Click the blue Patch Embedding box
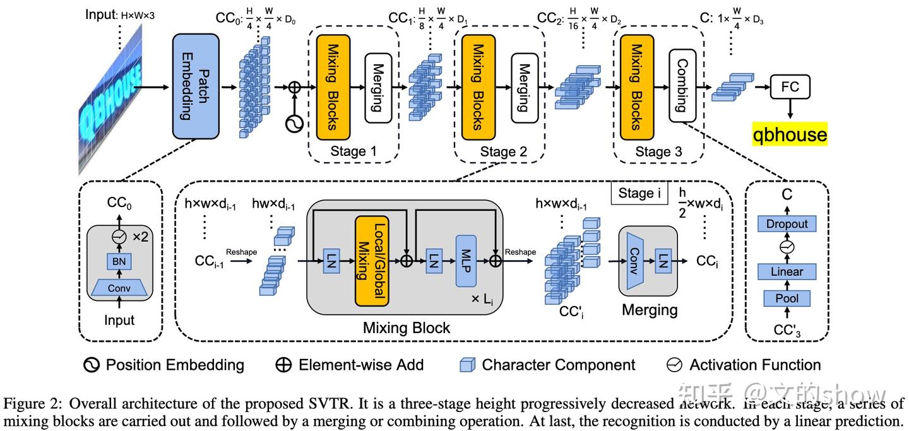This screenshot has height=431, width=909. point(195,86)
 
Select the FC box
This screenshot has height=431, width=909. point(790,86)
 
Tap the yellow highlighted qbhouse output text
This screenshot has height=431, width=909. point(789,134)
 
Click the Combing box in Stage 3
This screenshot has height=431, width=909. point(682,86)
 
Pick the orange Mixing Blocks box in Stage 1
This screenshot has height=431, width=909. point(333,86)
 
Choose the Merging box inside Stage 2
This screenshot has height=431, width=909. point(523,86)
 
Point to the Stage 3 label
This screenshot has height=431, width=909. point(658,151)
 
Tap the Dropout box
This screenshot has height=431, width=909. point(787,224)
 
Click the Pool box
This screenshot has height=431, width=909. point(787,298)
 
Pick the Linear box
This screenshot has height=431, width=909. point(787,272)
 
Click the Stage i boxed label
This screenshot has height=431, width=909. point(639,193)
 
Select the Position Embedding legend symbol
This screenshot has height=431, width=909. point(92,365)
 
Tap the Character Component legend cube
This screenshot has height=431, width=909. point(467,365)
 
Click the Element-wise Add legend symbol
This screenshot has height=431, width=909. point(283,365)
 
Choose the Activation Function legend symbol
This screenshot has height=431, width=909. point(675,365)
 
